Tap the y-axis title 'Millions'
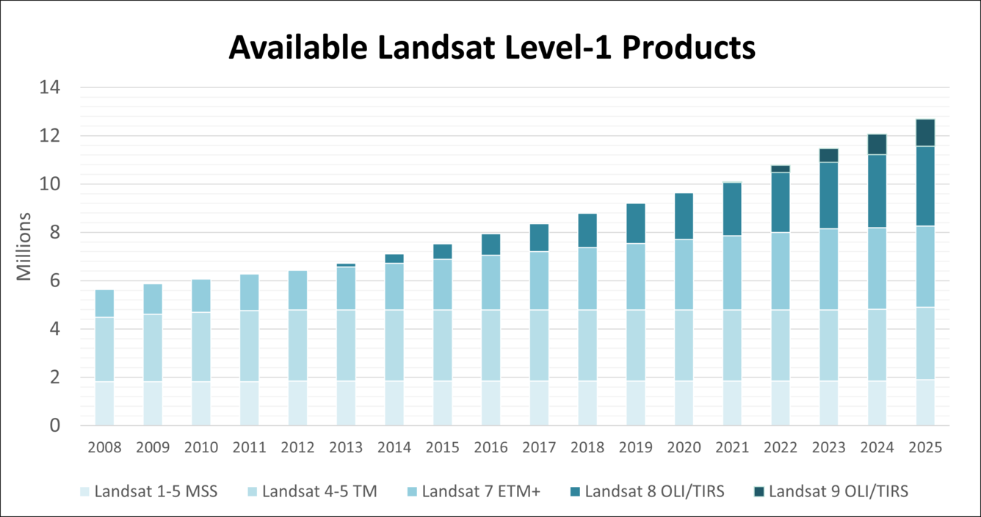(24, 247)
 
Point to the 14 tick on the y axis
(54, 87)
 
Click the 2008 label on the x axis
(104, 447)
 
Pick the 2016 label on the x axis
(490, 447)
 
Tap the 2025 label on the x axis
(925, 447)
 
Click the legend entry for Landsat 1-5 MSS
(155, 491)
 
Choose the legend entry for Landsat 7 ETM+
(481, 491)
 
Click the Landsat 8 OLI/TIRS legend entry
(654, 491)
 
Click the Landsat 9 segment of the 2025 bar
(925, 133)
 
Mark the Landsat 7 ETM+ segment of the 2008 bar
(104, 303)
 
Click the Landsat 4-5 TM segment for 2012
(297, 345)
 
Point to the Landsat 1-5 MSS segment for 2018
(587, 403)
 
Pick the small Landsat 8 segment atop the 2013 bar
(346, 265)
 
